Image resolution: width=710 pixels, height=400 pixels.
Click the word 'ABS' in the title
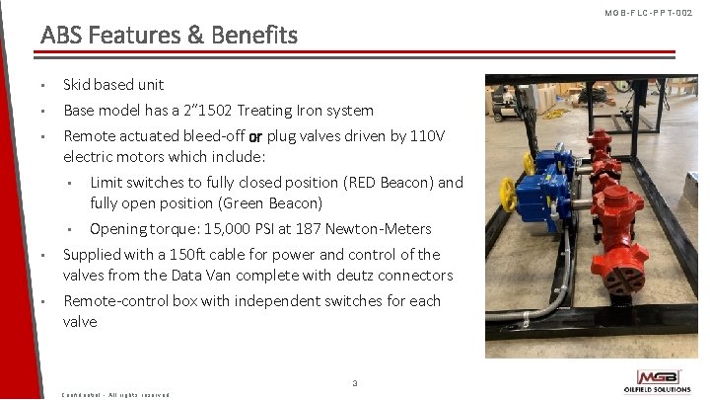tap(60, 36)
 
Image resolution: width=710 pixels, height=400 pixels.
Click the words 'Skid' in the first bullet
tap(78, 85)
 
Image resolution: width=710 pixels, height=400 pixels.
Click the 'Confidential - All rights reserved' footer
tap(115, 394)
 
